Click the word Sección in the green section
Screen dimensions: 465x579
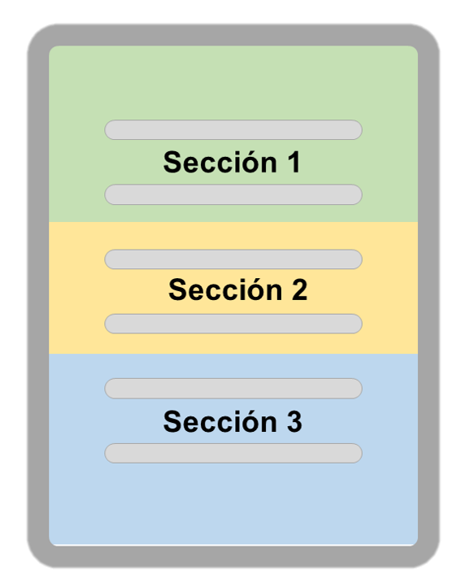pos(220,161)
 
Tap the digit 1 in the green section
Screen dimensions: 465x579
pos(294,162)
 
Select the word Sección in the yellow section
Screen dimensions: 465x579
pos(225,289)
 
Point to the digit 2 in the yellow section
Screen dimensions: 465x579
pos(299,289)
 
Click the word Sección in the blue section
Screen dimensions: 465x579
pos(220,421)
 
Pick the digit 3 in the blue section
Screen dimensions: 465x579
pos(294,421)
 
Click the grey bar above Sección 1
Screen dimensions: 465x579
pos(233,129)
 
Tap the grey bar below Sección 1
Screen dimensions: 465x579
pos(233,194)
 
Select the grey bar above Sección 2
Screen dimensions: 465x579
pos(233,259)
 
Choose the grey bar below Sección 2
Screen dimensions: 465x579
pos(233,324)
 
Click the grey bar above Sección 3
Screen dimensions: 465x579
pos(233,389)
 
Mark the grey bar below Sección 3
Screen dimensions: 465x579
pos(233,453)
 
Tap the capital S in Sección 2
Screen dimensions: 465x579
pos(177,289)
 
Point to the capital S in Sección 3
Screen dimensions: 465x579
pos(172,422)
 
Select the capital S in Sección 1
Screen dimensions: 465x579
pos(172,162)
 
